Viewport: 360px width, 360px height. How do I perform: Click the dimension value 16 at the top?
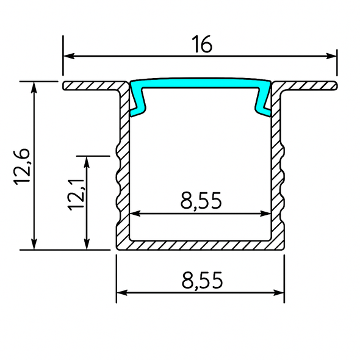(202, 45)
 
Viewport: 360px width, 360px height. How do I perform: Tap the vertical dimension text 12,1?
(76, 194)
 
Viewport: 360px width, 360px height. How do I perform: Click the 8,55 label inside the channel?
(201, 201)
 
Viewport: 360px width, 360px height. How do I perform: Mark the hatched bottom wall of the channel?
(201, 245)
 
